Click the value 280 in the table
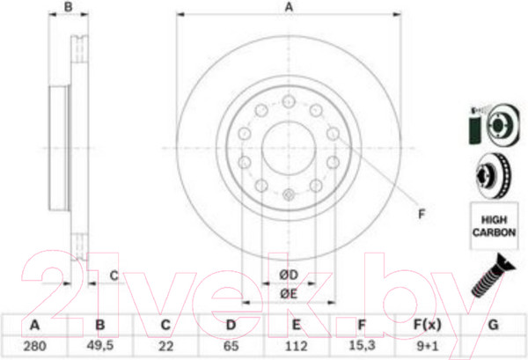[34, 346]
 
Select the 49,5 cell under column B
[100, 346]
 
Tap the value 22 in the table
[165, 346]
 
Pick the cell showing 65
[231, 346]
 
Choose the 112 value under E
[296, 346]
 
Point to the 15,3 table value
[362, 345]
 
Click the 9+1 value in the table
[428, 346]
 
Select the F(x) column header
[427, 325]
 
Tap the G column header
[493, 325]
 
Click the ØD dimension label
[289, 275]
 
